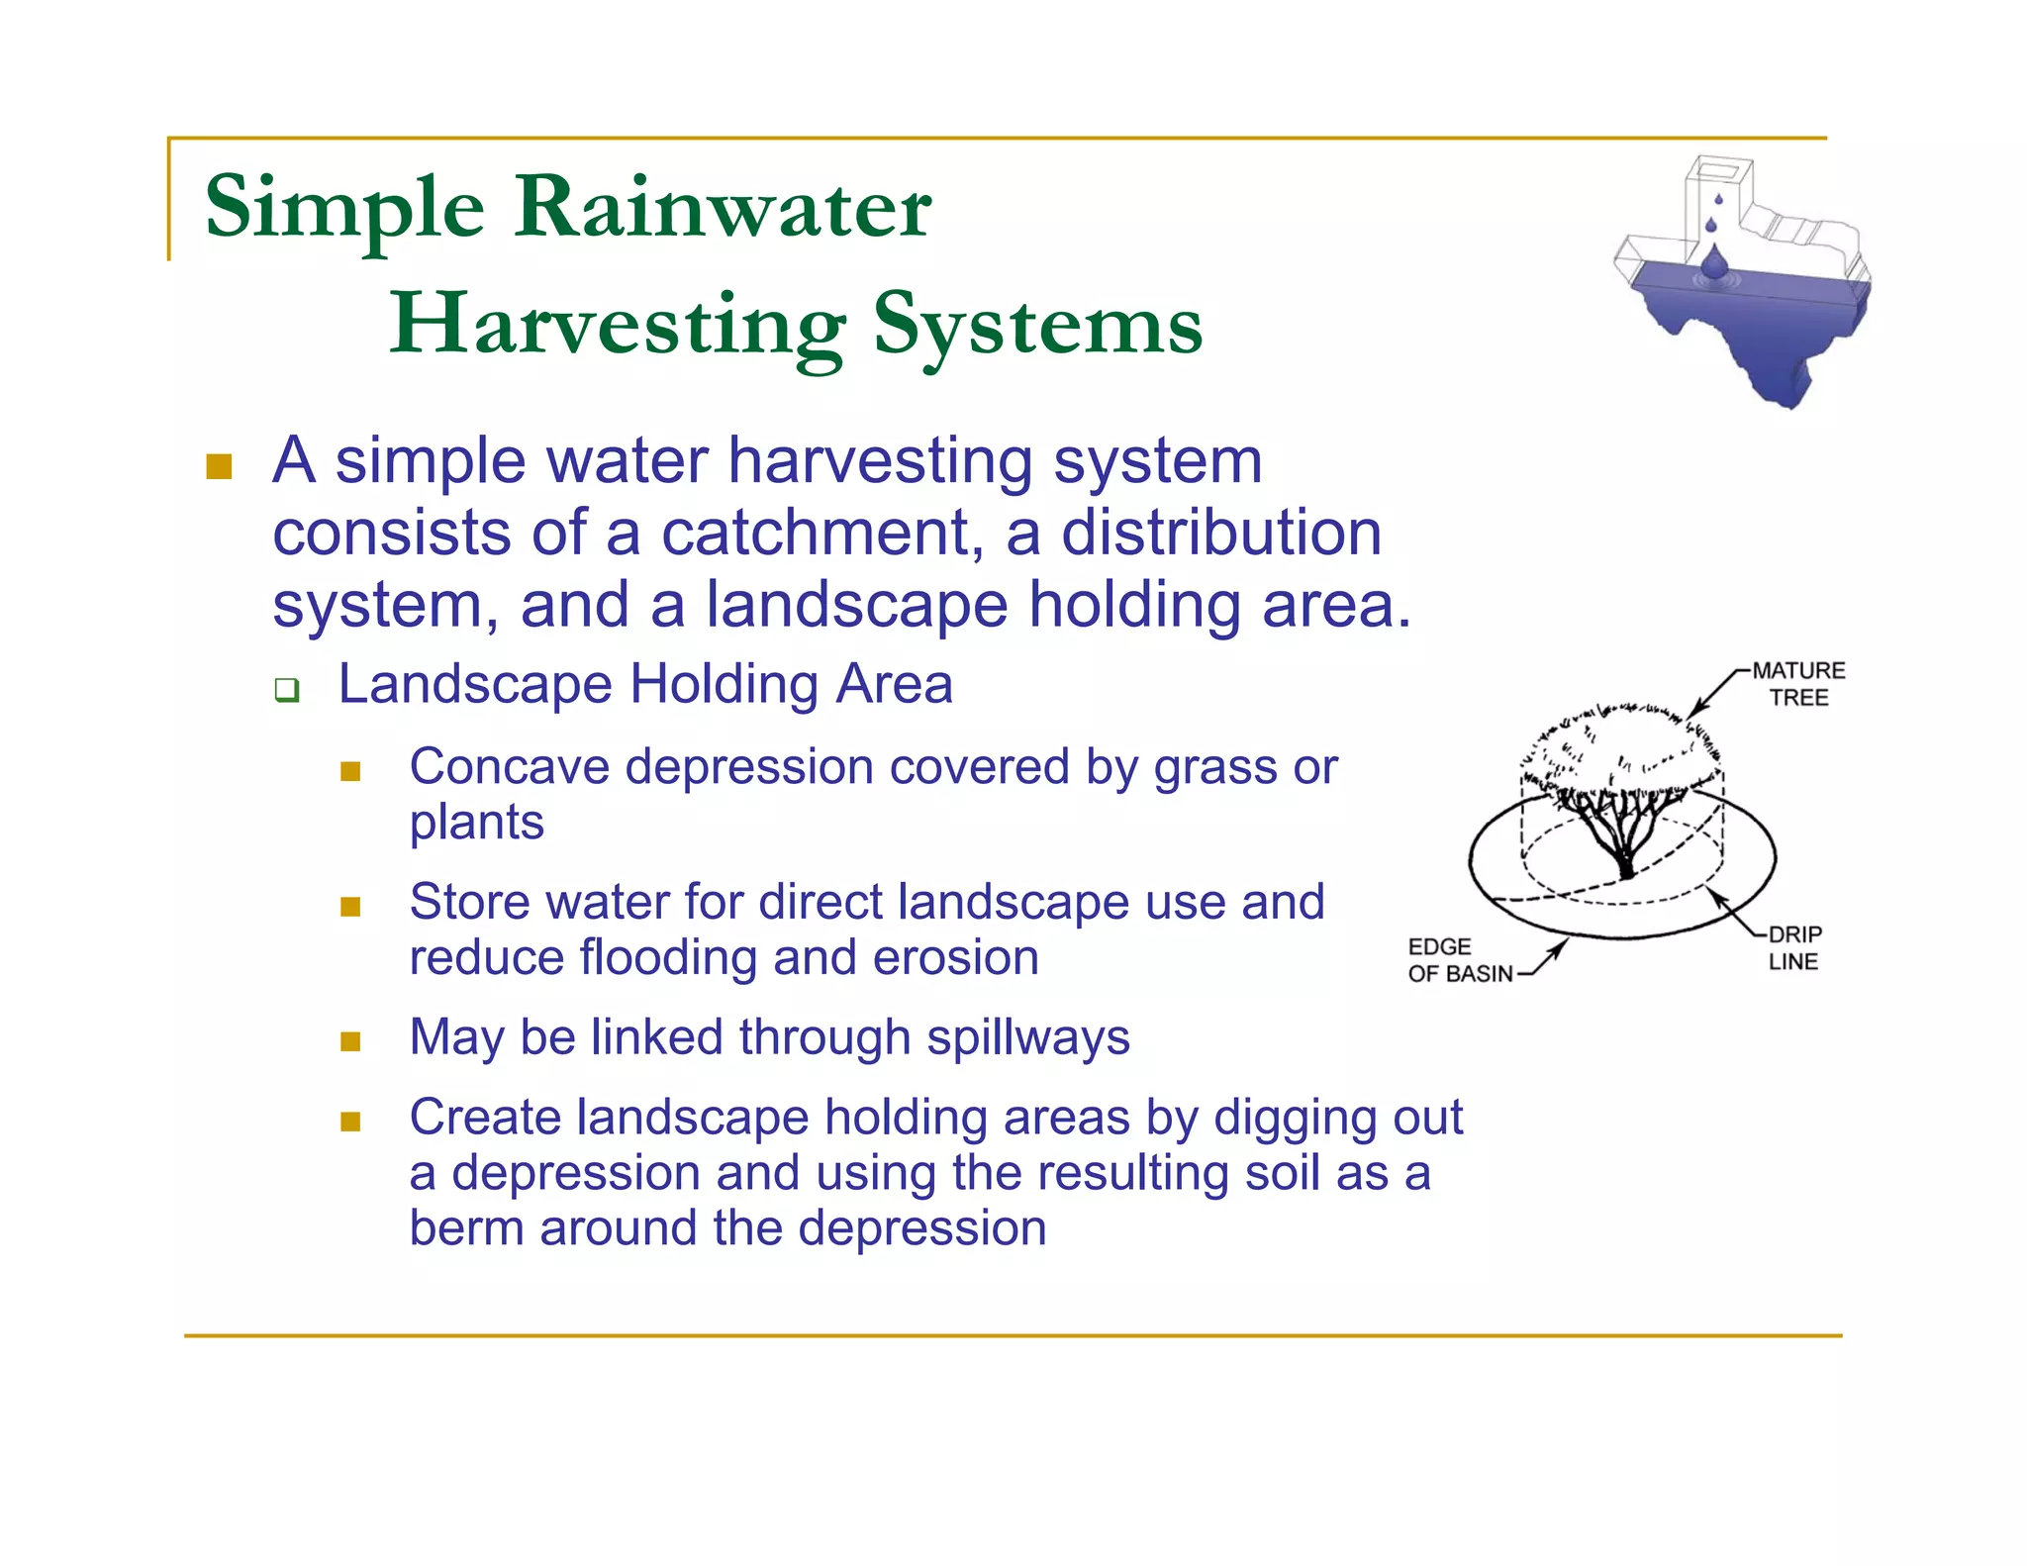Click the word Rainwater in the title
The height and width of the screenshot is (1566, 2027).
[723, 208]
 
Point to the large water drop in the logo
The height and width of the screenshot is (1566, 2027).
[1714, 263]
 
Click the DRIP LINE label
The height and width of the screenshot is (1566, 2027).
[1793, 947]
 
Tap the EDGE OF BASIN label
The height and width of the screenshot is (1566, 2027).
[1459, 960]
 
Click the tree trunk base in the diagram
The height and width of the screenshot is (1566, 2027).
[1626, 871]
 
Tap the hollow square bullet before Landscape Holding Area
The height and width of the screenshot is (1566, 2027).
[287, 689]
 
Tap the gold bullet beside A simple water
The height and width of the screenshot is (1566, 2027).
[219, 466]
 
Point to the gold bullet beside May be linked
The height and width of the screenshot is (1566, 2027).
[350, 1041]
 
